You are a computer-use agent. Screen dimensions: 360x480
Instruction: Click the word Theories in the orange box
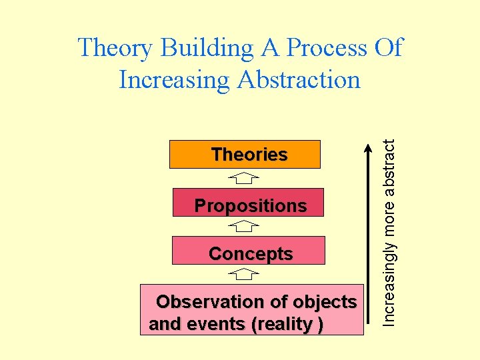point(249,155)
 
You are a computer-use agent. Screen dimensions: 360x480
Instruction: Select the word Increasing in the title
point(174,80)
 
